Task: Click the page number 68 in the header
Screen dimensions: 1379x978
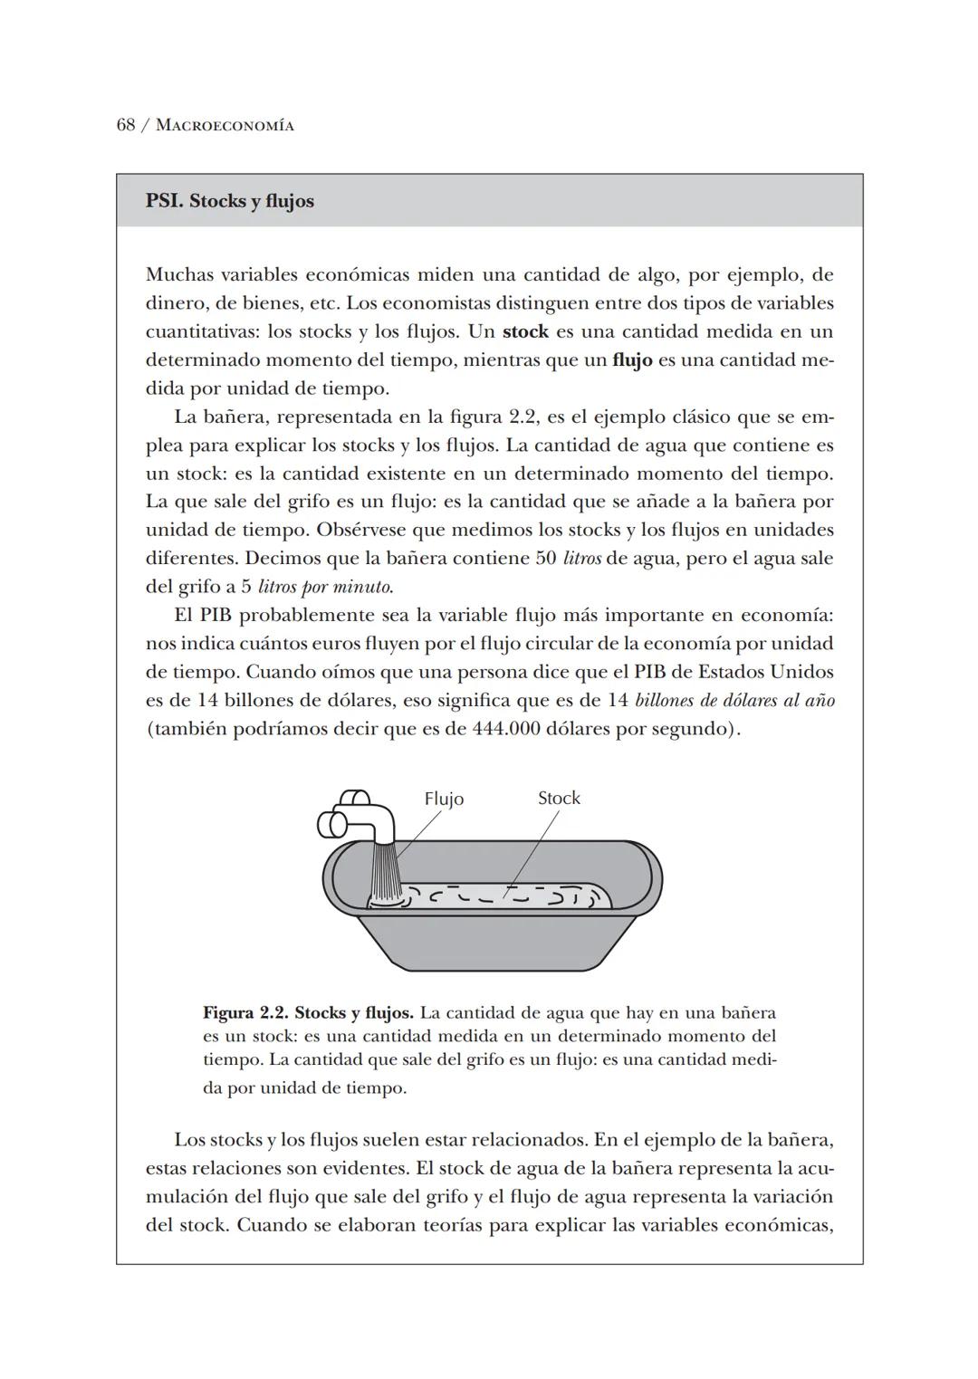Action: (x=126, y=125)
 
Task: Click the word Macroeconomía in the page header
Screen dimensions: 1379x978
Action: (x=225, y=126)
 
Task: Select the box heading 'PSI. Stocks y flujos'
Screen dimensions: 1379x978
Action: (x=230, y=201)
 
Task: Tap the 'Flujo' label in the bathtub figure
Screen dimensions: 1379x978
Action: (x=444, y=799)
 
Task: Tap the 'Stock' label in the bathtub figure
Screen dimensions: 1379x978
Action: (x=559, y=798)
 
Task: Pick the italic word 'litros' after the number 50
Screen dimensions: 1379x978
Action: (x=581, y=559)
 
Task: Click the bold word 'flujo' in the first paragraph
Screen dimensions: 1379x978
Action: (x=632, y=360)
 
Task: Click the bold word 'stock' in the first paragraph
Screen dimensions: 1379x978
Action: (x=525, y=331)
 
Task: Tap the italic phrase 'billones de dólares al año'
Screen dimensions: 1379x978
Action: (x=735, y=701)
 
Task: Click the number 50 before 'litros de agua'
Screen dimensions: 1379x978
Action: (x=545, y=559)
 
